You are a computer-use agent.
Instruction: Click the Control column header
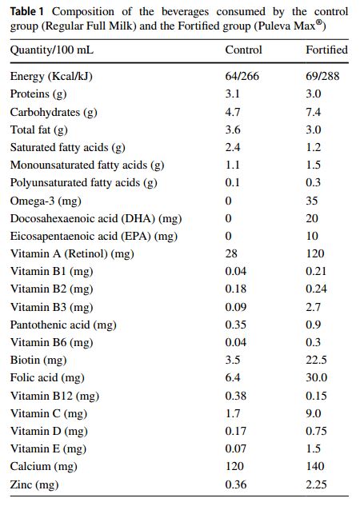click(x=244, y=50)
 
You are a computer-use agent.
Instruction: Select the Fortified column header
click(x=326, y=50)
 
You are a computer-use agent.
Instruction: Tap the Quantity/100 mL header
click(x=52, y=50)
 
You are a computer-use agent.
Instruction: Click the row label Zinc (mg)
click(x=34, y=484)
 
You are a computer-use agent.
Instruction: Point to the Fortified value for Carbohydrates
click(x=313, y=112)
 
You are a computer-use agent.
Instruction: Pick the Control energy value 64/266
click(x=242, y=76)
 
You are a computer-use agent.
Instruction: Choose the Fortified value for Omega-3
click(x=312, y=201)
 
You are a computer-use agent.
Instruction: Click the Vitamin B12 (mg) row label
click(x=54, y=396)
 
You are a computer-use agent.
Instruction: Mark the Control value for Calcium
click(x=234, y=466)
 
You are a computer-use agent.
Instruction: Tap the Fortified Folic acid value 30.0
click(x=316, y=377)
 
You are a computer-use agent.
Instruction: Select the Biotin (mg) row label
click(x=38, y=361)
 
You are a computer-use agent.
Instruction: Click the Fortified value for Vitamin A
click(x=315, y=253)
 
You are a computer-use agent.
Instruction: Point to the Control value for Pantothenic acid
click(x=236, y=325)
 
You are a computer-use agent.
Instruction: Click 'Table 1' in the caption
click(x=26, y=12)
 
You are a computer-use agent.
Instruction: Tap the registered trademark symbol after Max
click(x=319, y=23)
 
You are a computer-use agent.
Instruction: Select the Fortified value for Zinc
click(x=316, y=484)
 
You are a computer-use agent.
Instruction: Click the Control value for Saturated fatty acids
click(x=232, y=147)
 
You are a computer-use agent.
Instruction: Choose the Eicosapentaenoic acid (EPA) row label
click(x=94, y=237)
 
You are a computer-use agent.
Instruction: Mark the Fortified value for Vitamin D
click(x=316, y=431)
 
